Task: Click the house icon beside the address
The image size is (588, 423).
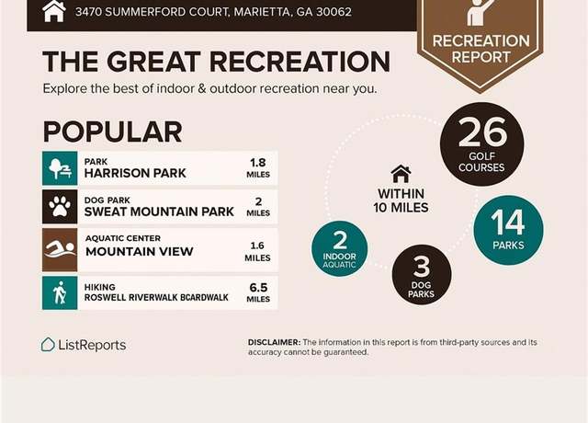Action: (54, 11)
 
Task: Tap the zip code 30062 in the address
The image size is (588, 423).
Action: (334, 12)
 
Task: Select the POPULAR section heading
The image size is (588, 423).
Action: (112, 131)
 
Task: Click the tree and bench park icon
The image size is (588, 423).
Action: (60, 168)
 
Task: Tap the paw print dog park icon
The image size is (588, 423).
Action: (60, 207)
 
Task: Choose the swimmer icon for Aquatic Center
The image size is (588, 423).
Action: (60, 249)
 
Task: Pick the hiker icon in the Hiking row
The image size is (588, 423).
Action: (60, 292)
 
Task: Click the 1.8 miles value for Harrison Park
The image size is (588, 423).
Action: (258, 167)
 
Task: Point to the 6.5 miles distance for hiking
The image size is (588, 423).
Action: (258, 292)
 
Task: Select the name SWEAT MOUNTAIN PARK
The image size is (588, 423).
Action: (159, 211)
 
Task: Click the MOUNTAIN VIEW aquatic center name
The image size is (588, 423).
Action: (140, 251)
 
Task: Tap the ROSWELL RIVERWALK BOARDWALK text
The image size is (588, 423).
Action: (156, 298)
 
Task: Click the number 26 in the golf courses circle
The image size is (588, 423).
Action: (482, 131)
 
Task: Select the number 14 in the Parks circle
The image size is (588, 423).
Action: (508, 223)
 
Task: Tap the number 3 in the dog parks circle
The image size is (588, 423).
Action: (422, 267)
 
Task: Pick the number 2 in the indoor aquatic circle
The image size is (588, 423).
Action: (340, 240)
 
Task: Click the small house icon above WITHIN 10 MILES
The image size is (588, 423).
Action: (401, 174)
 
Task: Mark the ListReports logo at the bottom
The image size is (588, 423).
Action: (84, 345)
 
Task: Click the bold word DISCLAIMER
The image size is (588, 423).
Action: (274, 342)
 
